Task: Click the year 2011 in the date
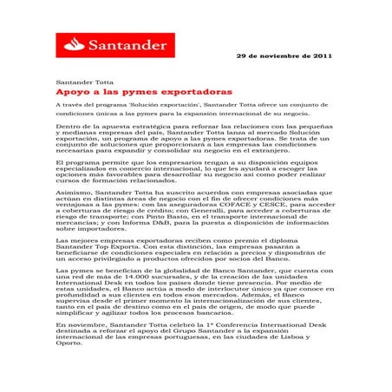pos(318,55)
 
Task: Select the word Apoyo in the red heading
pos(70,90)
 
